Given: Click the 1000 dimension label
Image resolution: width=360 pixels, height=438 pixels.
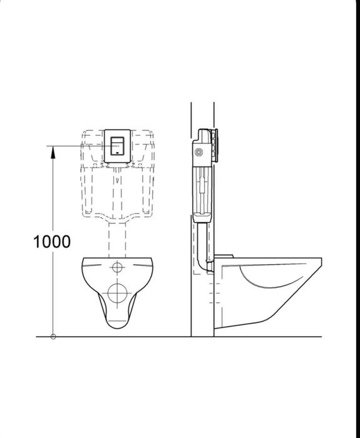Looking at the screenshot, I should (52, 242).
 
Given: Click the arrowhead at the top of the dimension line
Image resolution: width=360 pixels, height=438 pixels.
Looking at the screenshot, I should (53, 149).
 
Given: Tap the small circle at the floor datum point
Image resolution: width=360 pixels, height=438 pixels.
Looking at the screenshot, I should (53, 337).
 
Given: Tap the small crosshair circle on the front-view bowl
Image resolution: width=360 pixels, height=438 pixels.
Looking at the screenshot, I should (117, 268).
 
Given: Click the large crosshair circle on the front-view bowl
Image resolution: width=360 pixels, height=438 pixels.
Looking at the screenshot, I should (117, 292).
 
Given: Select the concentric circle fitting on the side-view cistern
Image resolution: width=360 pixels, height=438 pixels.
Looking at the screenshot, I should (200, 151).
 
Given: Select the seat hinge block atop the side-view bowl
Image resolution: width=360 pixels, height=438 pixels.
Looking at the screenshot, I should (225, 256).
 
